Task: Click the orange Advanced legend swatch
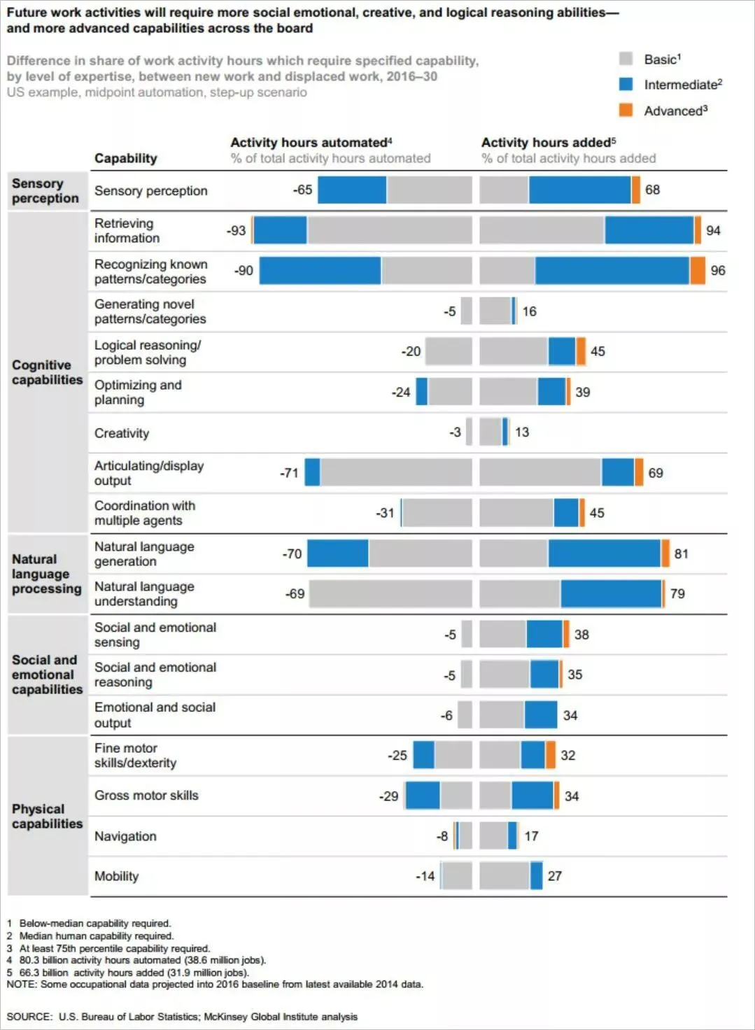pyautogui.click(x=626, y=110)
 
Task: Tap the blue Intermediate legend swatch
pyautogui.click(x=626, y=84)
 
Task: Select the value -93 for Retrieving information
pyautogui.click(x=236, y=230)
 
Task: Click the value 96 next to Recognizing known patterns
pyautogui.click(x=718, y=270)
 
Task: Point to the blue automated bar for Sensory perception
pyautogui.click(x=352, y=190)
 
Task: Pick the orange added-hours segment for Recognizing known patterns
pyautogui.click(x=698, y=270)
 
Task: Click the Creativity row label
pyautogui.click(x=122, y=433)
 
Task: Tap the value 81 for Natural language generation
pyautogui.click(x=681, y=553)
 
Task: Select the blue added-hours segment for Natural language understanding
pyautogui.click(x=611, y=593)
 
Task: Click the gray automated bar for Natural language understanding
pyautogui.click(x=390, y=593)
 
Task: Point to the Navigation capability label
pyautogui.click(x=125, y=836)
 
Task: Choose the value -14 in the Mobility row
pyautogui.click(x=425, y=876)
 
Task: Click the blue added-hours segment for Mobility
pyautogui.click(x=536, y=876)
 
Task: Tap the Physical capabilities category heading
pyautogui.click(x=47, y=816)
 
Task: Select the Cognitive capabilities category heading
pyautogui.click(x=47, y=372)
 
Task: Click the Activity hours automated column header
pyautogui.click(x=311, y=143)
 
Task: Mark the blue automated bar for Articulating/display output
pyautogui.click(x=313, y=472)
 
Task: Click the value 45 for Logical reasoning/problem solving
pyautogui.click(x=597, y=351)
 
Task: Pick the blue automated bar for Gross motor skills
pyautogui.click(x=423, y=796)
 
